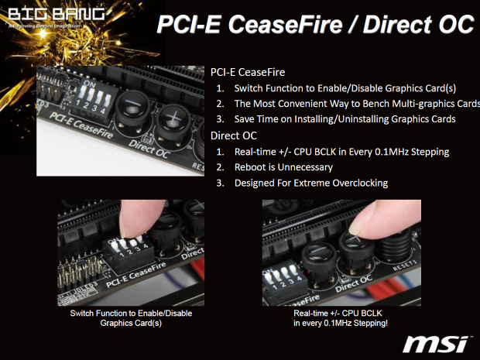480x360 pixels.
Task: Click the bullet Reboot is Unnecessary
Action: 283,166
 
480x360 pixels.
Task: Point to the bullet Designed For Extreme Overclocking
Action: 310,183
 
